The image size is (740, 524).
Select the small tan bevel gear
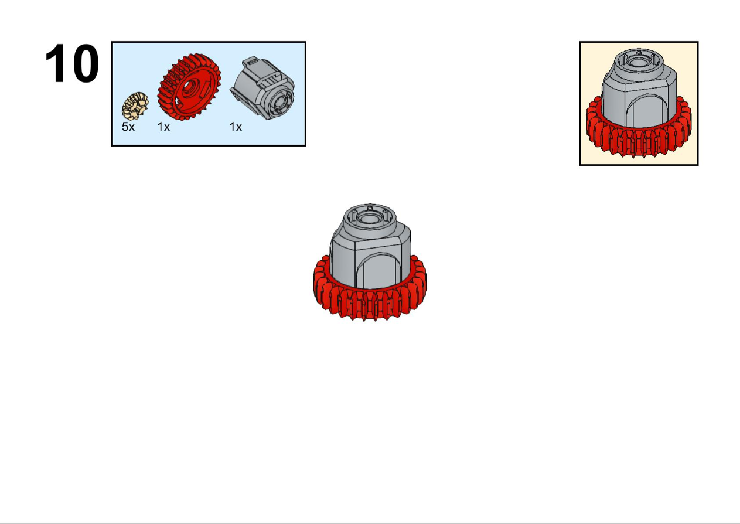click(135, 106)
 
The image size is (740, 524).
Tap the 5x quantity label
click(128, 127)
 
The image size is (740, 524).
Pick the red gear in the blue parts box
click(189, 87)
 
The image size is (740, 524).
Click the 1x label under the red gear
click(163, 127)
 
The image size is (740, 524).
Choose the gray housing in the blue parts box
click(262, 87)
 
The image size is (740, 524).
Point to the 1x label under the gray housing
click(236, 127)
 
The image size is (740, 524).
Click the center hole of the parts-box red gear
click(189, 88)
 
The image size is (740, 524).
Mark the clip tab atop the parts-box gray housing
click(251, 62)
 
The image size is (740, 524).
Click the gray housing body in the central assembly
click(370, 251)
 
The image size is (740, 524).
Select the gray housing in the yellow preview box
click(639, 89)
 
